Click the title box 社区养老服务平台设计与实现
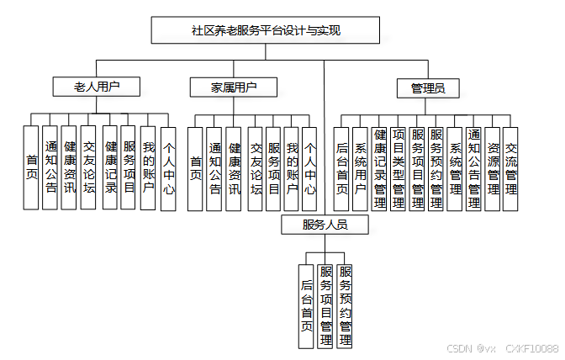265,30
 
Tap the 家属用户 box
234,87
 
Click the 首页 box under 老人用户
32,167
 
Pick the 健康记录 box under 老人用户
110,167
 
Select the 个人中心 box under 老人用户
168,167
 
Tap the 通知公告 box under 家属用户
214,167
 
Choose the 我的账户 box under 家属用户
292,167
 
